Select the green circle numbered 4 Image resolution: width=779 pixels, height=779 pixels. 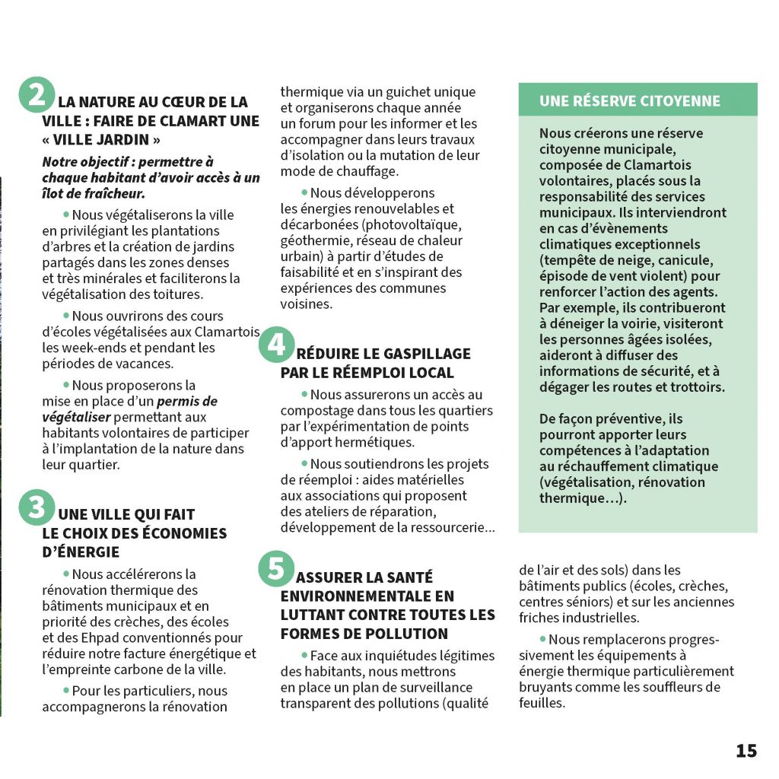275,346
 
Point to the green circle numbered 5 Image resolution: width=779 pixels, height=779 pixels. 275,570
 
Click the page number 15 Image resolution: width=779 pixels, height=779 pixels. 746,751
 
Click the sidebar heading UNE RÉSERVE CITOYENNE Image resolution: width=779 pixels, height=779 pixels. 629,101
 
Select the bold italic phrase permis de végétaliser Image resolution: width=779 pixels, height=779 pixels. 130,409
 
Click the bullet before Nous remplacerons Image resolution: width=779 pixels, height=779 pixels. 542,640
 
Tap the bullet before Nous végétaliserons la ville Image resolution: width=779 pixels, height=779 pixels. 66,215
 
